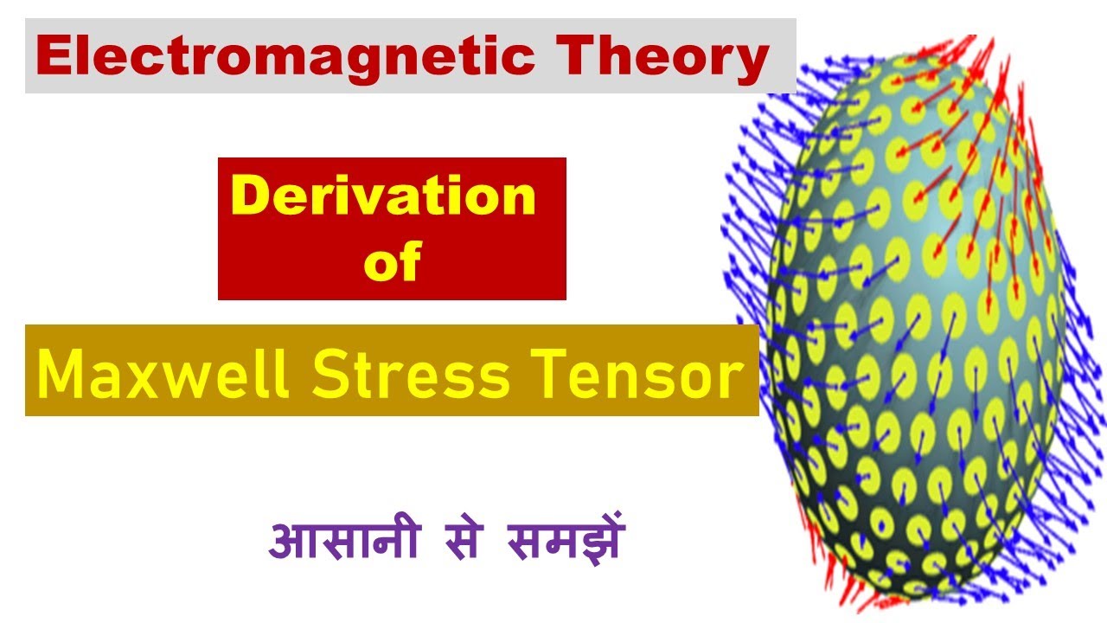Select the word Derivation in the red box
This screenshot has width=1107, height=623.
coord(383,196)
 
